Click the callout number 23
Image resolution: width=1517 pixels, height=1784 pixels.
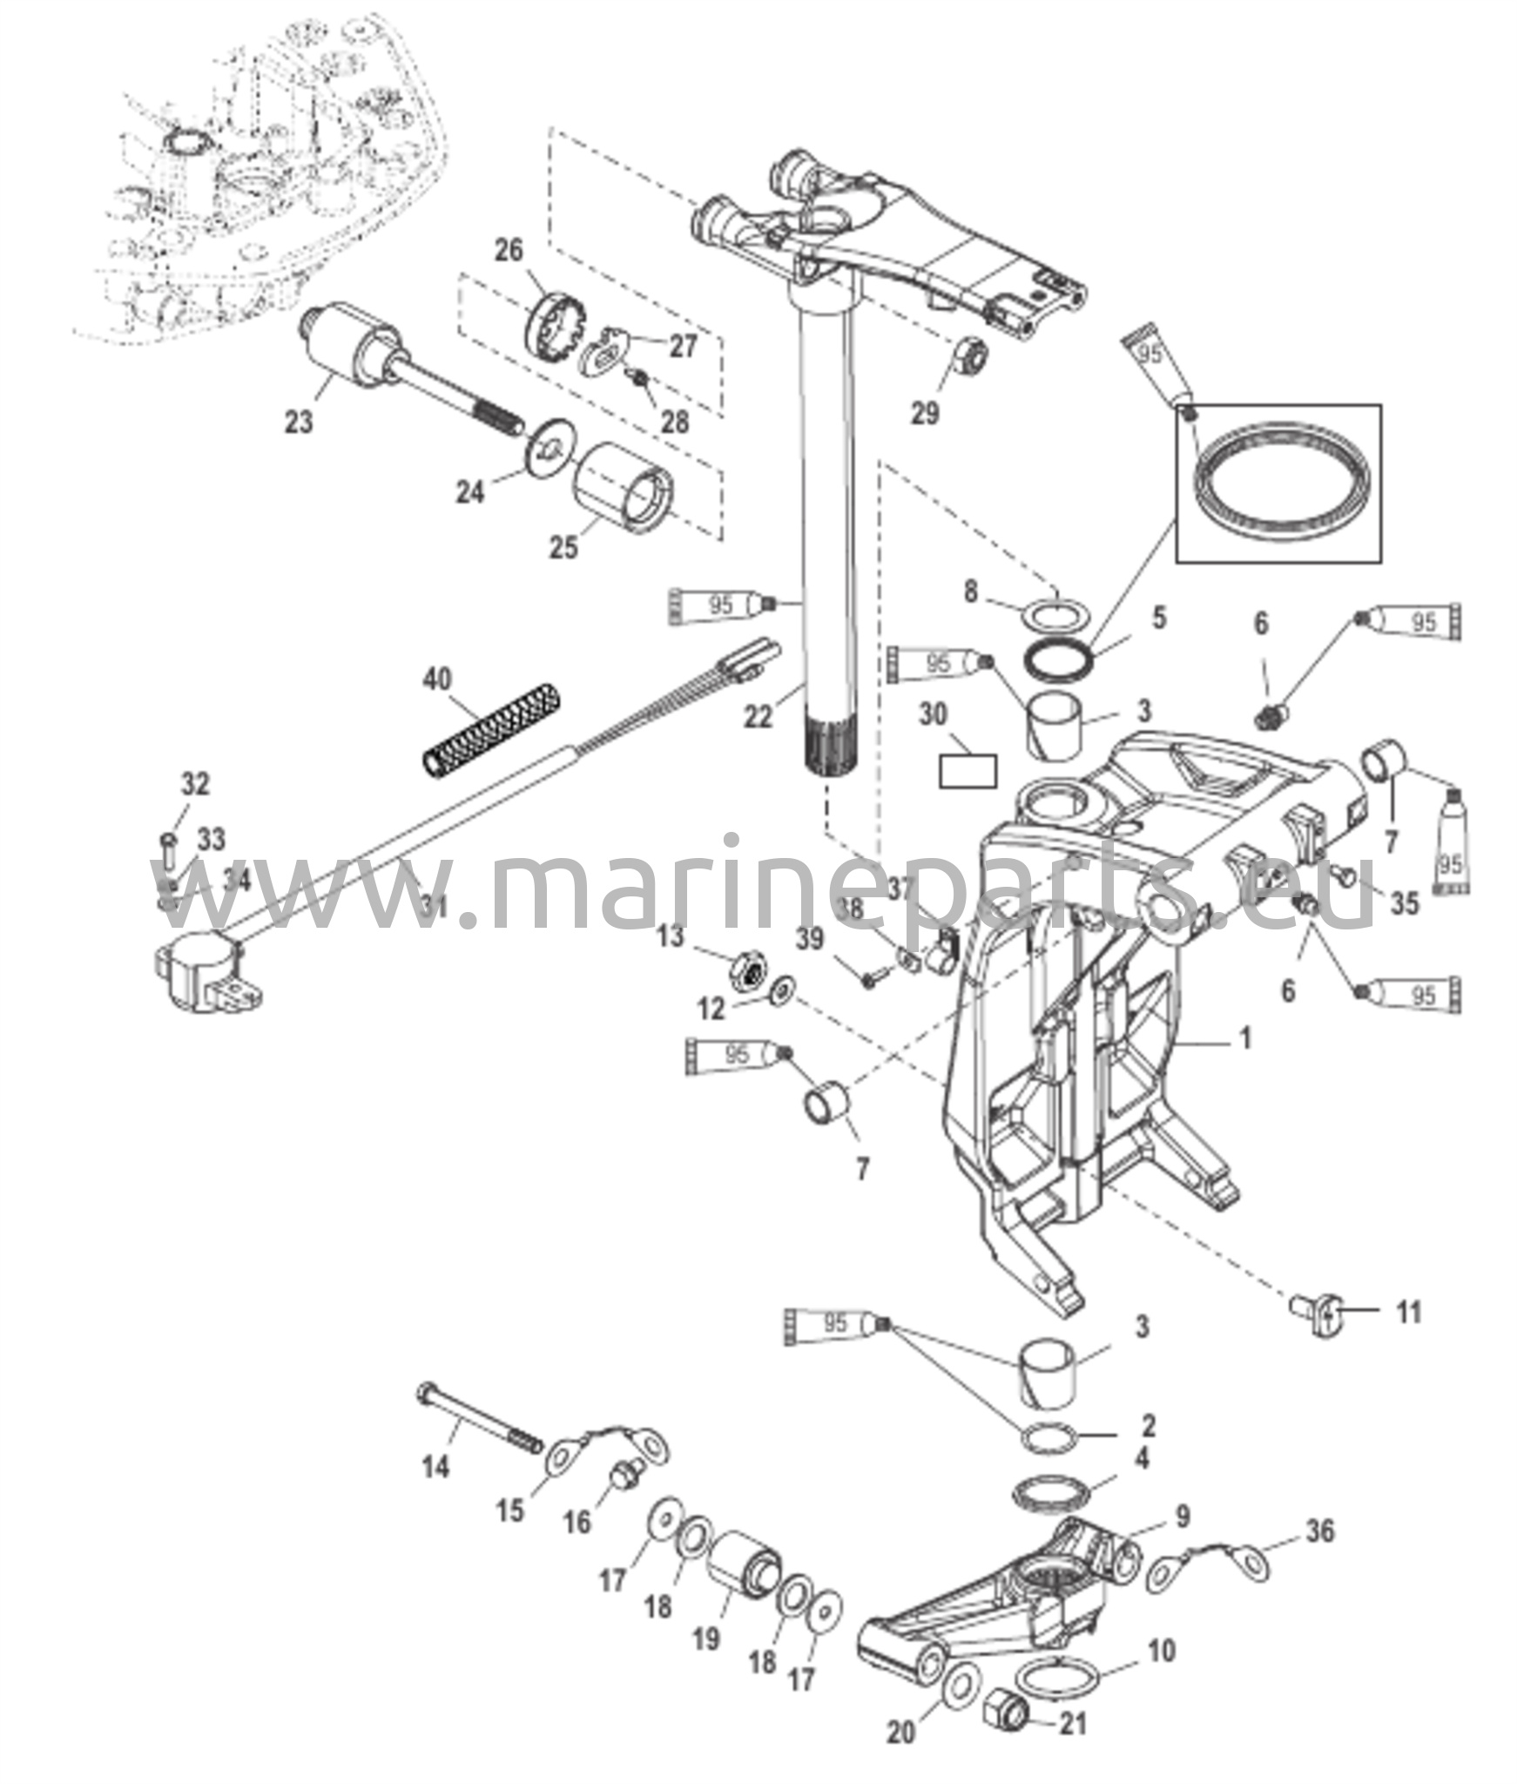point(299,422)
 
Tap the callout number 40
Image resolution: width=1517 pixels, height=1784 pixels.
point(437,678)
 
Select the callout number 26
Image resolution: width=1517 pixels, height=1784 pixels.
point(509,251)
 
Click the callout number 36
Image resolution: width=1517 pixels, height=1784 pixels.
point(1320,1530)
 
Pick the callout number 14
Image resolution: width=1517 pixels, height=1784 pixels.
point(435,1467)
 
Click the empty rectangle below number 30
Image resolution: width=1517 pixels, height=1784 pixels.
point(967,772)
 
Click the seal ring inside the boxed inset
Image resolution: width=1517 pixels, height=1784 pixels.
point(1282,485)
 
